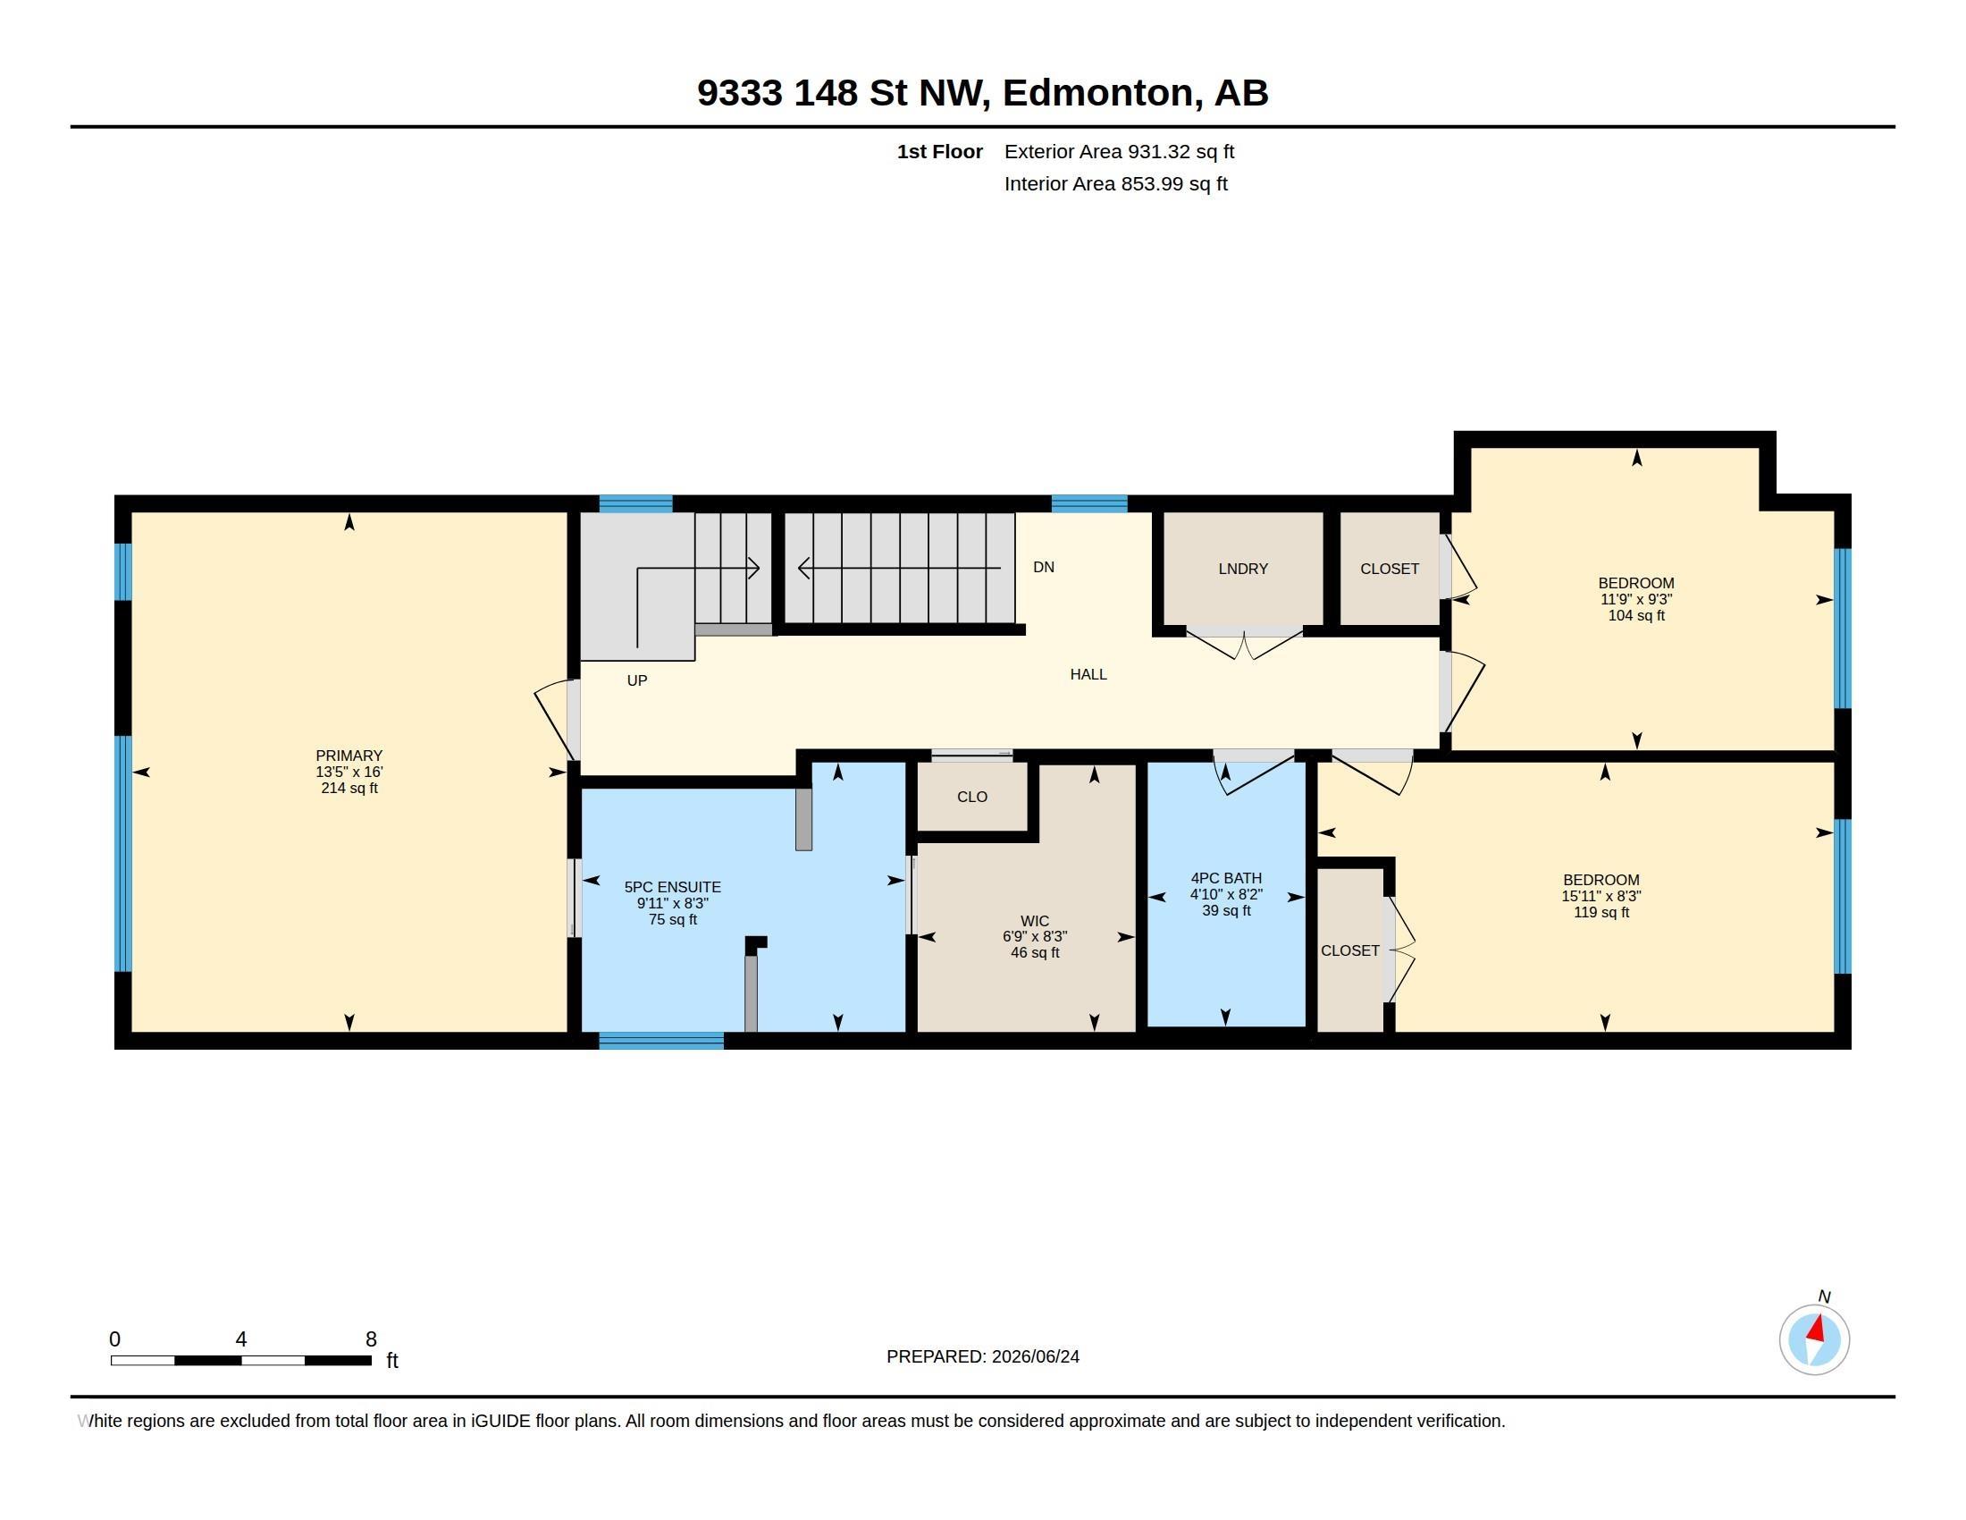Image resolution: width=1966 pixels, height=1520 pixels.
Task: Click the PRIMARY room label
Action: tap(349, 756)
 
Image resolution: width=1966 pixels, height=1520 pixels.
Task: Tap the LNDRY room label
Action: tap(1243, 569)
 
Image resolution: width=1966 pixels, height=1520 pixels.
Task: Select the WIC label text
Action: tap(1034, 921)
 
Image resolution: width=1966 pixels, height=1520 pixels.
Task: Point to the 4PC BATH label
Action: tap(1226, 878)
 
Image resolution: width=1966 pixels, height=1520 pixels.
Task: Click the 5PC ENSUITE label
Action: tap(672, 887)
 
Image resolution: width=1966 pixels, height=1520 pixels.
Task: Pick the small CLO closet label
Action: tap(972, 797)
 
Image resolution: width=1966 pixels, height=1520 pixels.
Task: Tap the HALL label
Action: tap(1088, 674)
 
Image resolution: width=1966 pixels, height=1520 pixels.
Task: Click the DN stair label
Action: tap(1043, 567)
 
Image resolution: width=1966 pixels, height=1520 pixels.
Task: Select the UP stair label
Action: tap(637, 680)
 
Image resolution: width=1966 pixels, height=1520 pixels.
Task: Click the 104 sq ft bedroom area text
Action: tap(1636, 616)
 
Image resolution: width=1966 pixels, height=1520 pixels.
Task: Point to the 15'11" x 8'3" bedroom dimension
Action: tap(1601, 896)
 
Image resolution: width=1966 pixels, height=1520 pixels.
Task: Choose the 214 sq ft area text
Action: tap(349, 788)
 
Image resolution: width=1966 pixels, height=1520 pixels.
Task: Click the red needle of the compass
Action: tap(1818, 1328)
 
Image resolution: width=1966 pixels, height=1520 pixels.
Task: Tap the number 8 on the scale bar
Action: tap(371, 1339)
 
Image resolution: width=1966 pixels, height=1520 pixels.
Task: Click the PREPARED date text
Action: tap(983, 1356)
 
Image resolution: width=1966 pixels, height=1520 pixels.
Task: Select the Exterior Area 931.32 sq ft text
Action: tap(1119, 151)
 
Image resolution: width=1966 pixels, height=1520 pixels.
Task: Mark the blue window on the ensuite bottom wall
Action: tap(661, 1041)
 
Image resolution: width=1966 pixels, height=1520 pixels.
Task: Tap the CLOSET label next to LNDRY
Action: tap(1390, 569)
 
